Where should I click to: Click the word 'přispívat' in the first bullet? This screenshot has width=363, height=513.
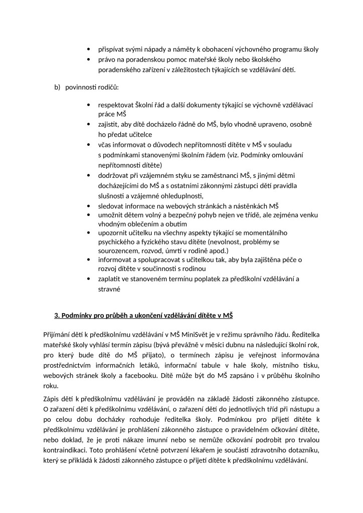point(111,49)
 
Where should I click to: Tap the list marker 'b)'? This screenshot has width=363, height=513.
point(57,88)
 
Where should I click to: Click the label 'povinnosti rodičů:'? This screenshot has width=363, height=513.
point(92,88)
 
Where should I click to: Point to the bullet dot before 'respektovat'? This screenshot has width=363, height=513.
point(88,106)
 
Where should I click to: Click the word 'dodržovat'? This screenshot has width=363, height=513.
point(114,175)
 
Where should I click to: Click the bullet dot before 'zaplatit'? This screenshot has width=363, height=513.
point(88,279)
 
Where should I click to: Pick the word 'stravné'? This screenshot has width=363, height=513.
point(110,289)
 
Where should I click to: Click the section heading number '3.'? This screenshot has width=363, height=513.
point(57,315)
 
